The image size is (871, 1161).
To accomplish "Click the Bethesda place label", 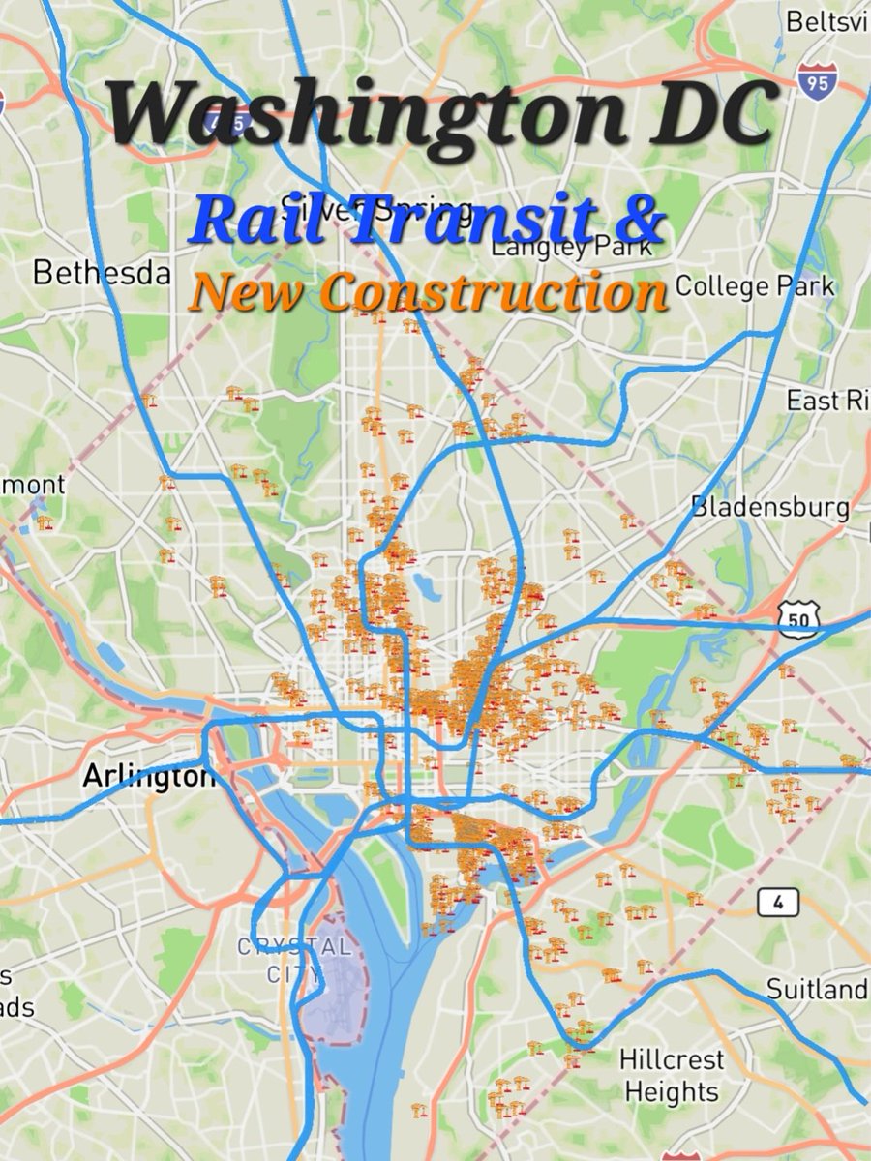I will [102, 274].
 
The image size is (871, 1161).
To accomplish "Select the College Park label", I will [754, 286].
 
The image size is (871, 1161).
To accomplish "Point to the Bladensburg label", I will [770, 507].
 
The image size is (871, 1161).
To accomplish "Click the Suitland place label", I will [816, 989].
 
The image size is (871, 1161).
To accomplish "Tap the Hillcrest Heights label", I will [671, 1076].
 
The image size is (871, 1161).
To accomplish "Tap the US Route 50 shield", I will [798, 614].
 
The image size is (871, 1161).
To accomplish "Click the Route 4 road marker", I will [777, 903].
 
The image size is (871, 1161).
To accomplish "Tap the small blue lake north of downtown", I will [423, 585].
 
